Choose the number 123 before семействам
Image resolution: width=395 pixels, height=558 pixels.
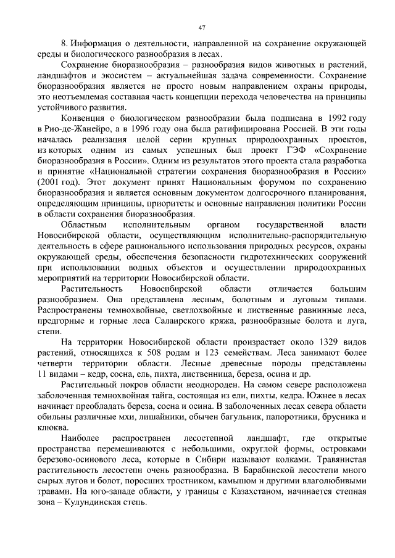pos(209,353)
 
